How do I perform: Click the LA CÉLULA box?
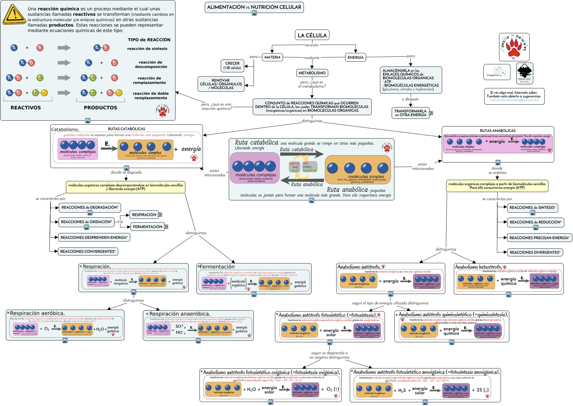(x=312, y=35)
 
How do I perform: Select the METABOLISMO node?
(x=312, y=73)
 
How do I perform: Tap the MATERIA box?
(x=272, y=57)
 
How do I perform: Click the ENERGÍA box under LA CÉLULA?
(x=355, y=57)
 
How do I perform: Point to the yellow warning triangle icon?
(x=14, y=14)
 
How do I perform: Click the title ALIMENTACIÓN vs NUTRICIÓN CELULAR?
(x=254, y=7)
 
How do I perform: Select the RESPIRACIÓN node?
(x=144, y=215)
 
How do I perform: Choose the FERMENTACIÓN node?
(x=147, y=227)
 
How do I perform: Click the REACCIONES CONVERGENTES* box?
(x=88, y=251)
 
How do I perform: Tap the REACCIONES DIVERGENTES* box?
(x=535, y=252)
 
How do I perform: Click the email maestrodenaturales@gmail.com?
(x=514, y=100)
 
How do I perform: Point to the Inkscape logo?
(x=524, y=73)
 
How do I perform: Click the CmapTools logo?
(x=497, y=72)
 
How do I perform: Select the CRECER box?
(x=232, y=66)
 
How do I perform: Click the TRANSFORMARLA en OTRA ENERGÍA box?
(x=410, y=113)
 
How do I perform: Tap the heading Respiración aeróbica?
(x=37, y=313)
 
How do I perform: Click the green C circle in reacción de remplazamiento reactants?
(x=40, y=78)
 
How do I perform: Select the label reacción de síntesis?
(x=147, y=49)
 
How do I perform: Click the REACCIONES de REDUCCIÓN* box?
(x=535, y=222)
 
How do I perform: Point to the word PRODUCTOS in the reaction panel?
(x=100, y=108)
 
